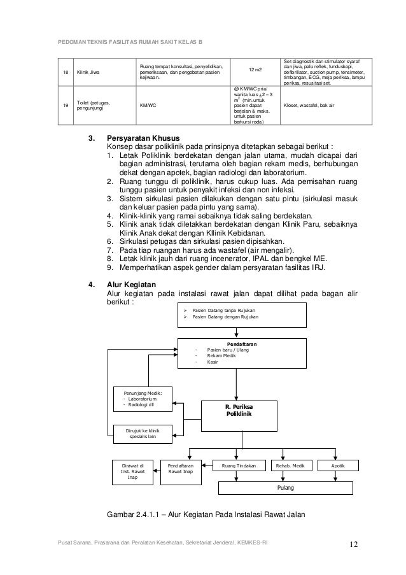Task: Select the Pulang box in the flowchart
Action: coord(286,488)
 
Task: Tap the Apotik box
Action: coord(338,466)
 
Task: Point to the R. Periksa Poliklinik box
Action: coord(239,414)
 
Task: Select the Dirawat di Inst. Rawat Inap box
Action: coord(133,471)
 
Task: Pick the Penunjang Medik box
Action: coord(143,399)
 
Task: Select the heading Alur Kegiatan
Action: coord(133,285)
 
